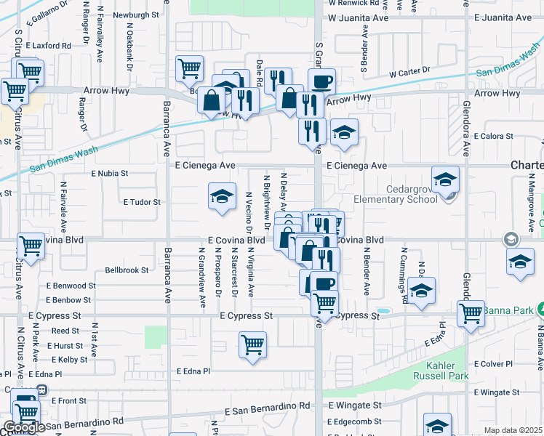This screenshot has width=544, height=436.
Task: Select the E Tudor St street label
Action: [x=141, y=201]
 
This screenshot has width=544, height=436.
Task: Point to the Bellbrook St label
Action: [x=127, y=270]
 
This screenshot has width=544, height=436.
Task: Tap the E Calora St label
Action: [x=493, y=136]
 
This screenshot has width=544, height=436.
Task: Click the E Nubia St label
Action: [x=109, y=174]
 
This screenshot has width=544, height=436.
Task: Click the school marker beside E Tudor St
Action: [x=222, y=195]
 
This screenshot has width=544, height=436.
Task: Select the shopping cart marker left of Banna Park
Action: [x=471, y=312]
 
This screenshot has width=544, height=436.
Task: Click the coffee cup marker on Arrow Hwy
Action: [x=321, y=81]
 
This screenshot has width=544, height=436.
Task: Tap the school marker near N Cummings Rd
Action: [x=422, y=290]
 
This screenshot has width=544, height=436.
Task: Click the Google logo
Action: [x=23, y=427]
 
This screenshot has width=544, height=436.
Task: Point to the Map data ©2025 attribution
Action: [x=513, y=430]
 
